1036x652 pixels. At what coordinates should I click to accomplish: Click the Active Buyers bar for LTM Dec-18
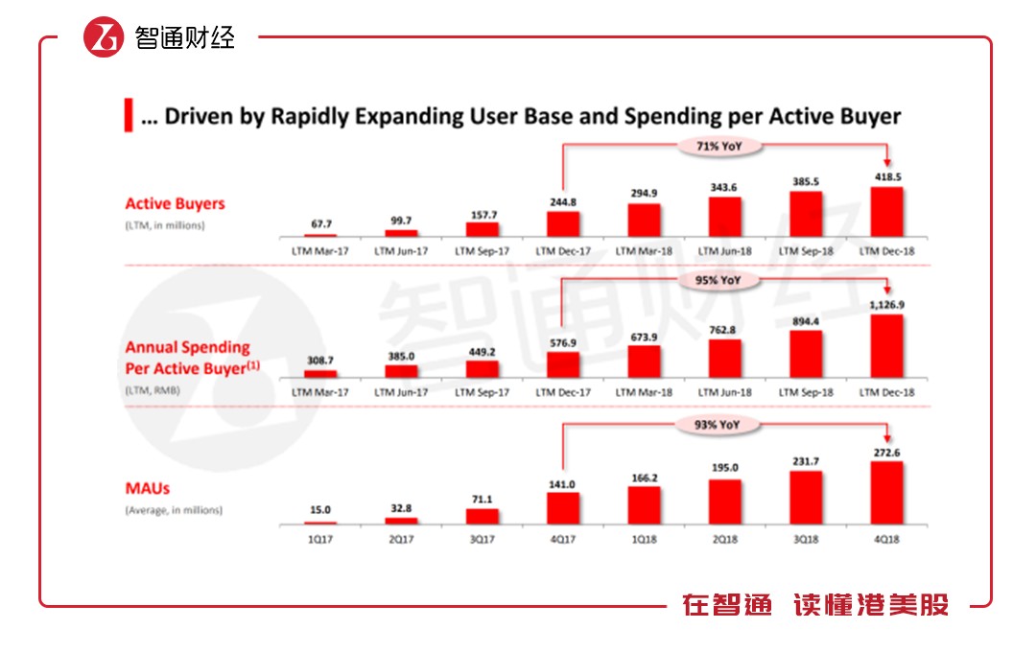pyautogui.click(x=886, y=211)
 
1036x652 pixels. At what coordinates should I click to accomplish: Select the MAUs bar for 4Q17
pyautogui.click(x=563, y=507)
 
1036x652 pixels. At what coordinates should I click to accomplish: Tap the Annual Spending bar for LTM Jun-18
pyautogui.click(x=724, y=358)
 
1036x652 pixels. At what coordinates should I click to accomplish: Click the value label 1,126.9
pyautogui.click(x=886, y=305)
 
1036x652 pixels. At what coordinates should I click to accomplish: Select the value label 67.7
pyautogui.click(x=321, y=224)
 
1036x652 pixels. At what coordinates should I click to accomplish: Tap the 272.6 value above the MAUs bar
pyautogui.click(x=886, y=452)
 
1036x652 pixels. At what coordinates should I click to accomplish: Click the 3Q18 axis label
pyautogui.click(x=806, y=539)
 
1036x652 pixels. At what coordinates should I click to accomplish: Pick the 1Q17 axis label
pyautogui.click(x=321, y=539)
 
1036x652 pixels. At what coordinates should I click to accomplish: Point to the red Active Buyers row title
pyautogui.click(x=175, y=203)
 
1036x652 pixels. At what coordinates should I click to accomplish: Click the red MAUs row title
pyautogui.click(x=147, y=489)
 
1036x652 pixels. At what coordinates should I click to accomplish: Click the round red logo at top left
pyautogui.click(x=104, y=37)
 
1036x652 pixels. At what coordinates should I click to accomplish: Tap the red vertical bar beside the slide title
pyautogui.click(x=128, y=116)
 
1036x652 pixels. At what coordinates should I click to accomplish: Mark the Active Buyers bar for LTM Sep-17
pyautogui.click(x=483, y=229)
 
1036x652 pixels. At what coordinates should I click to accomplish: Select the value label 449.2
pyautogui.click(x=483, y=351)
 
